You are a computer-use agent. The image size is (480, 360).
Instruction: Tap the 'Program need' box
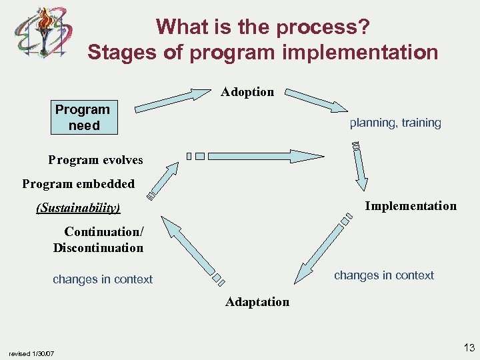coord(83,117)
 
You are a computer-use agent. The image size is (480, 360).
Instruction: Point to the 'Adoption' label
coord(247,92)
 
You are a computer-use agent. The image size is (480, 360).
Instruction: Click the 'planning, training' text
coord(395,123)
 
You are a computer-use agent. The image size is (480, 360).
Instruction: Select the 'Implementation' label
coord(411,206)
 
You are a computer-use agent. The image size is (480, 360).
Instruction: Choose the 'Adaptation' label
coord(257,302)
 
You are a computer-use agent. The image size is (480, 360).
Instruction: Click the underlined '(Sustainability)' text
coord(78,208)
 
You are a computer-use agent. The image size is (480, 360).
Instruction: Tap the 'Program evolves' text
coord(95,160)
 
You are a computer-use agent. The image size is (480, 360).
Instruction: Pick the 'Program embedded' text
coord(78,184)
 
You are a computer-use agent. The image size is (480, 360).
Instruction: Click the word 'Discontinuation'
coord(98,248)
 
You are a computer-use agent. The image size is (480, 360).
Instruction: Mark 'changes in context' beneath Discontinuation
coord(103,279)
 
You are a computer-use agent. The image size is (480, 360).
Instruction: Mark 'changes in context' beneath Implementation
coord(383,275)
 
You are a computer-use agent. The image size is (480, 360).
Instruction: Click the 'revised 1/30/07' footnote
coord(31,353)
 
